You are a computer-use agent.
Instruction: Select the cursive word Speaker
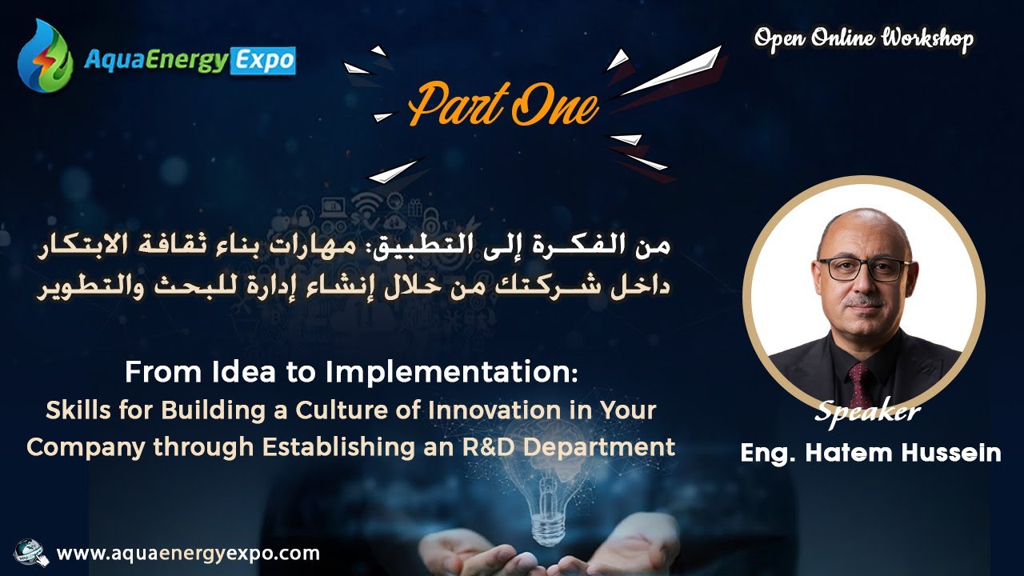click(867, 412)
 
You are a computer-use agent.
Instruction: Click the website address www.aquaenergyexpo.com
click(189, 554)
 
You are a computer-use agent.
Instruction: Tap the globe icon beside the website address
click(30, 554)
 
